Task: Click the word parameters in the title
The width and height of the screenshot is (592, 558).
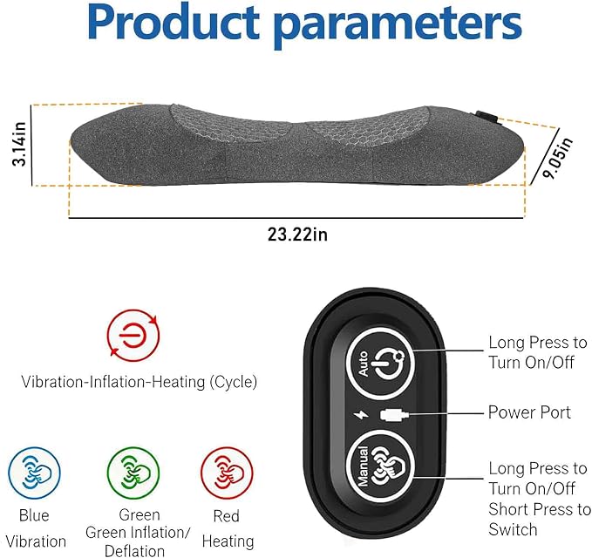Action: click(398, 25)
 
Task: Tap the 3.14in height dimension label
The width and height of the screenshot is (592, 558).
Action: click(19, 144)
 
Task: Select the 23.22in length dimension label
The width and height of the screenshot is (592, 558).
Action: click(297, 235)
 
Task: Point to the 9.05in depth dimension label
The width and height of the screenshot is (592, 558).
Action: click(557, 158)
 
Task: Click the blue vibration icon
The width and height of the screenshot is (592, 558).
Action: click(34, 473)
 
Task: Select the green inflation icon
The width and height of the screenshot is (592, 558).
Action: click(133, 473)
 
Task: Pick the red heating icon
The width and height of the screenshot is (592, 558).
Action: click(227, 473)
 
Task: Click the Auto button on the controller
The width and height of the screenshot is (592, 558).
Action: click(380, 363)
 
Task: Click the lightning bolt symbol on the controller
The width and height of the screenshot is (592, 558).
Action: click(361, 415)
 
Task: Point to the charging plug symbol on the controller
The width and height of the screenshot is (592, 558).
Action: click(394, 415)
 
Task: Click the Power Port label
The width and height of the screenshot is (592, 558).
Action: click(529, 412)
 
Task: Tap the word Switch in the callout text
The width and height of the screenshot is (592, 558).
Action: click(513, 529)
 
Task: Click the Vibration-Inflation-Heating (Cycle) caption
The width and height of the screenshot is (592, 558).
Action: click(139, 382)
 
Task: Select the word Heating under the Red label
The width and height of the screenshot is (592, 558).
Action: click(228, 541)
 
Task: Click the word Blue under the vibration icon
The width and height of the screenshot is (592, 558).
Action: click(34, 515)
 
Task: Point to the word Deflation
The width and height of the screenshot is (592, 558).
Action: click(134, 550)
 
